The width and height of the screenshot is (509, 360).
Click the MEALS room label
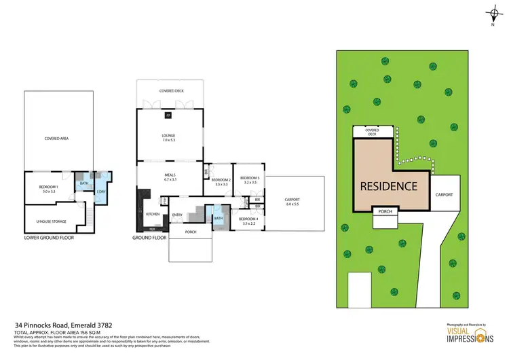tap(170, 177)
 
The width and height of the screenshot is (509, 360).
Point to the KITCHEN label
tap(153, 215)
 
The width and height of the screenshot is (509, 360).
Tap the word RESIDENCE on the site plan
tap(389, 185)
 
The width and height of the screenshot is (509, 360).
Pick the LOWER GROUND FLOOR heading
tap(48, 238)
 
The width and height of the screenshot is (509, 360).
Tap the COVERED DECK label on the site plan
tap(372, 132)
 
